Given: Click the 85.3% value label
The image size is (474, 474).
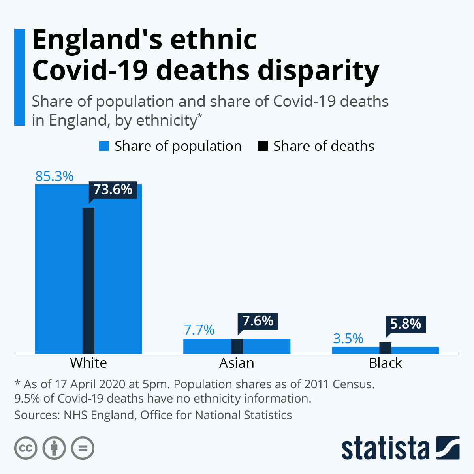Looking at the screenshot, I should point(54,176).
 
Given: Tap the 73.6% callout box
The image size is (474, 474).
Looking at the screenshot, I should point(113,190).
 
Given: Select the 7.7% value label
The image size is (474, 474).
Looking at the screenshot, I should point(199,330).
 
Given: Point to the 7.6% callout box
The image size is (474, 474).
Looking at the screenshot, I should point(258,321).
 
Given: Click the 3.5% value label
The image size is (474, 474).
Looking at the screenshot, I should point(348,339).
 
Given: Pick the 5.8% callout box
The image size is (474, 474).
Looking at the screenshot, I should point(406,324).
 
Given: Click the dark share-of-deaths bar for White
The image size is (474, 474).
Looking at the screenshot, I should point(88,280).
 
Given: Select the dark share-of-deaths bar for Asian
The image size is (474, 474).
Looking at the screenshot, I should point(237,346).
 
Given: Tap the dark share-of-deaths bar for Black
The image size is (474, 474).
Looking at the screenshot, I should point(386,348).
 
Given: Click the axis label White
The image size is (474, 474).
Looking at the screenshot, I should point(88,363).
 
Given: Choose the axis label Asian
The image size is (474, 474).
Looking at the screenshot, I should point(237,363).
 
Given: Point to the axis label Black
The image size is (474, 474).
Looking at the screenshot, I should point(386,363).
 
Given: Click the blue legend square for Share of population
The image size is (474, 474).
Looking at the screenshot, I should point(104,146).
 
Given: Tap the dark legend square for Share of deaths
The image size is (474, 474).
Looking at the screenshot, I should point(263,146).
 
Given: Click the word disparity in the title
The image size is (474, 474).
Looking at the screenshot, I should point(318,71).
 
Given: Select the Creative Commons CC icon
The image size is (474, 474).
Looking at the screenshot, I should point(26,448).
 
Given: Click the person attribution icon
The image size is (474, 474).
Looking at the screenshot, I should point(55,448).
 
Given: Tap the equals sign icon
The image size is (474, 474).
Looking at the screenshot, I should point(83,448).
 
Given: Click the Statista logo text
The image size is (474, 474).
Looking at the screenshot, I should point(385,449).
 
